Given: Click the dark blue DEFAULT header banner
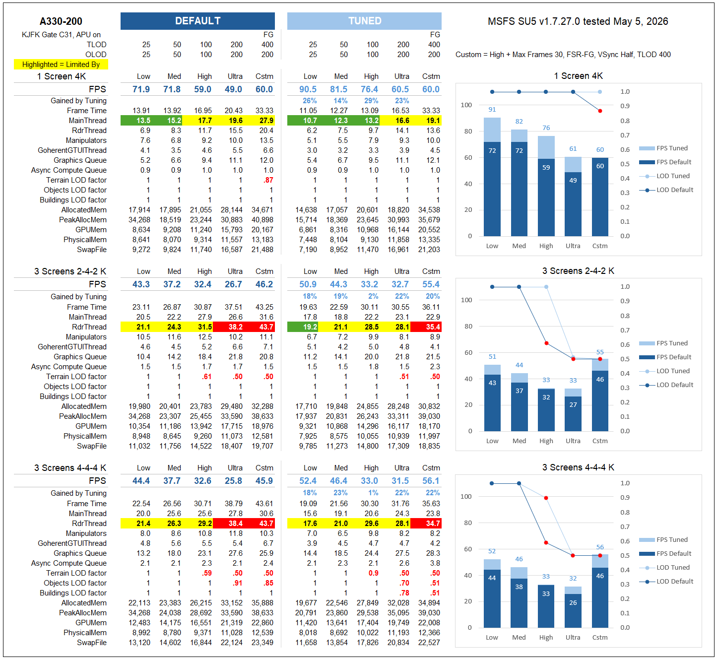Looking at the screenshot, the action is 197,21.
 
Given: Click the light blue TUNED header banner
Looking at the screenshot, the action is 364,21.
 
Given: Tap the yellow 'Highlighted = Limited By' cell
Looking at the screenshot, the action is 61,65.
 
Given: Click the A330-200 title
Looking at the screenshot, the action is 61,21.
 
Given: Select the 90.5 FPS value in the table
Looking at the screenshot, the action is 308,89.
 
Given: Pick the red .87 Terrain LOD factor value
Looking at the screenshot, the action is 268,180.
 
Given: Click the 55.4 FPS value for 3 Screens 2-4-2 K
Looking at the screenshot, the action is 431,284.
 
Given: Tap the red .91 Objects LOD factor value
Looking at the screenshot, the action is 238,583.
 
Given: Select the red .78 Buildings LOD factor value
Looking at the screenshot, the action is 404,593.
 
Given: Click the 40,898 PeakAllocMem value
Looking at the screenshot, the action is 262,220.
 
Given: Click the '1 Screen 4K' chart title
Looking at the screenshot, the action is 579,76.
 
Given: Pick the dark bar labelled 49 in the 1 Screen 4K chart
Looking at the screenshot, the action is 573,204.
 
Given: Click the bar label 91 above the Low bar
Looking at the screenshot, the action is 492,109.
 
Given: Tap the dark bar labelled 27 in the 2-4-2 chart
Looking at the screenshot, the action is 573,414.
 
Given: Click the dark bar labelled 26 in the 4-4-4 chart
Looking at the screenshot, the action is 573,611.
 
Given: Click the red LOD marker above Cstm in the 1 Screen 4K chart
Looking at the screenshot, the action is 600,111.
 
